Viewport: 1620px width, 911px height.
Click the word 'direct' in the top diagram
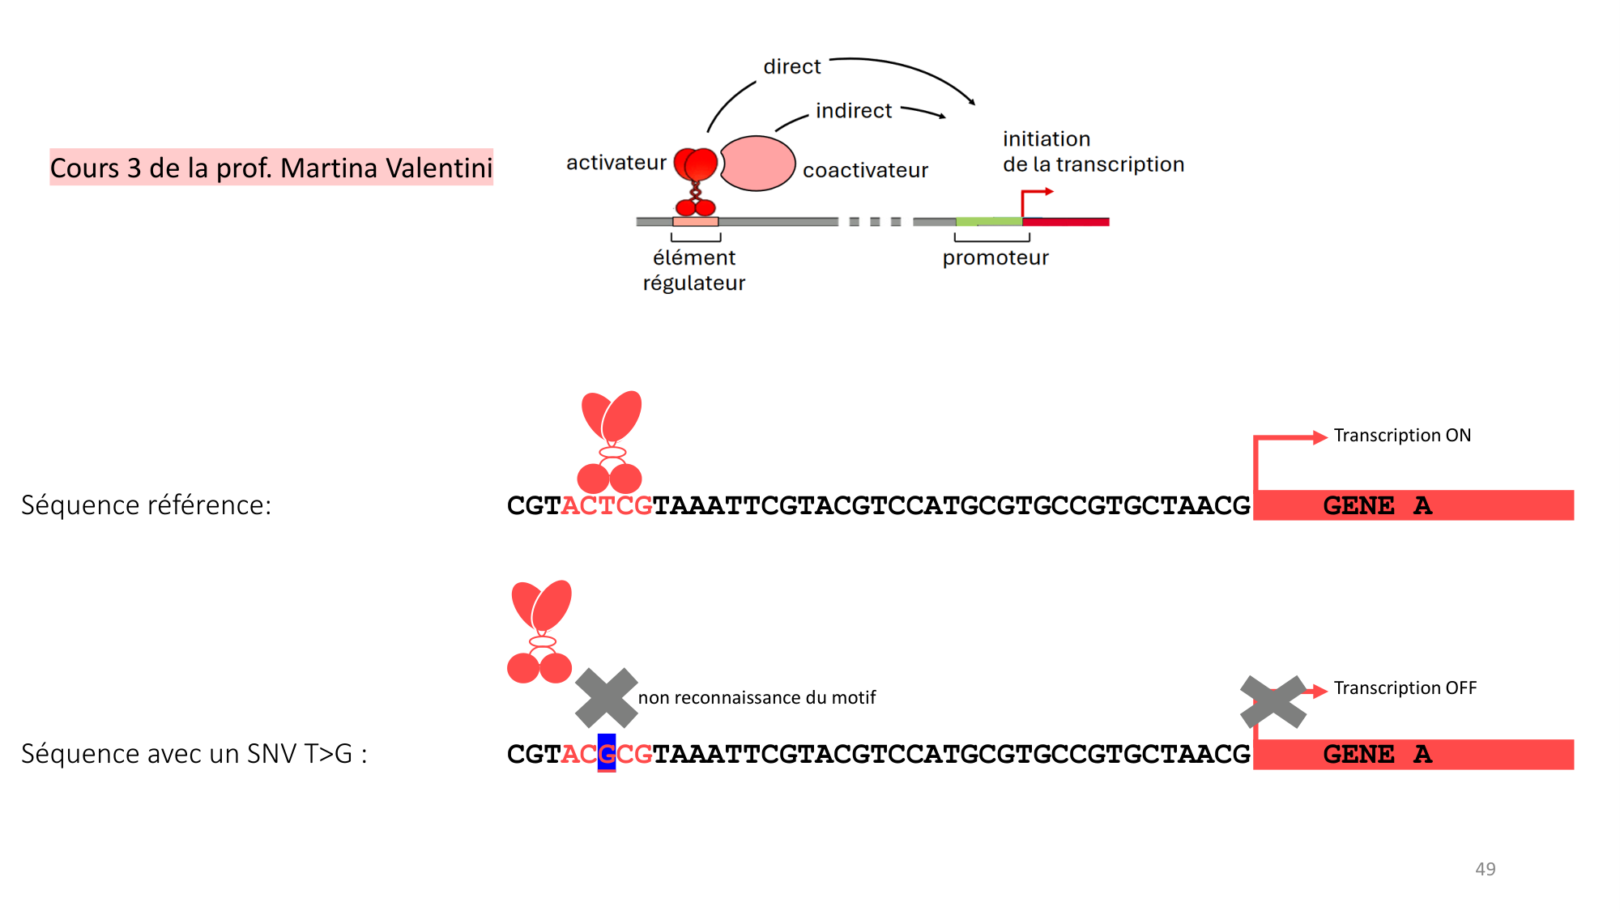click(791, 66)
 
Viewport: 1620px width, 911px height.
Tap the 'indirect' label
click(853, 111)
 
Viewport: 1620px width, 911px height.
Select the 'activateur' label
click(616, 163)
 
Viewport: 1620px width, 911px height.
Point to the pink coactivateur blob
click(757, 163)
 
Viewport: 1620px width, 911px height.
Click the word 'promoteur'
click(995, 258)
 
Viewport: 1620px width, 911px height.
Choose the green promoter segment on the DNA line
click(988, 221)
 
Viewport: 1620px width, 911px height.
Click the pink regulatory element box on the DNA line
click(695, 221)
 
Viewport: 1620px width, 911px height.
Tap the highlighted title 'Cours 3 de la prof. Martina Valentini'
click(271, 168)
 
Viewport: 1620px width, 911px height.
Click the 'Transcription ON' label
click(1402, 436)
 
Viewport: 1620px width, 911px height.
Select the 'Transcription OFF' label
click(1405, 688)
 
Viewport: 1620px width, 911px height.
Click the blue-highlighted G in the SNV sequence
click(607, 753)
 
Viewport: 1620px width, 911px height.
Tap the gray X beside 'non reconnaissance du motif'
click(606, 697)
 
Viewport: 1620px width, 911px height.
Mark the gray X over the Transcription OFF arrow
click(1273, 701)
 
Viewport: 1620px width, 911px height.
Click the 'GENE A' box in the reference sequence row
click(1413, 505)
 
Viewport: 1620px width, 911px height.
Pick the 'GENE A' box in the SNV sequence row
click(1413, 754)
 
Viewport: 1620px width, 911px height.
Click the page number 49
click(1485, 869)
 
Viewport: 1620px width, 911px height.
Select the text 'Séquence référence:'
click(147, 505)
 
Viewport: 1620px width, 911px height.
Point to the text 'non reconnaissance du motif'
click(757, 697)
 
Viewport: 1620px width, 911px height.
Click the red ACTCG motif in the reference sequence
click(607, 505)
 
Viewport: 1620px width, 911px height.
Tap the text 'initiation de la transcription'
click(1093, 151)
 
